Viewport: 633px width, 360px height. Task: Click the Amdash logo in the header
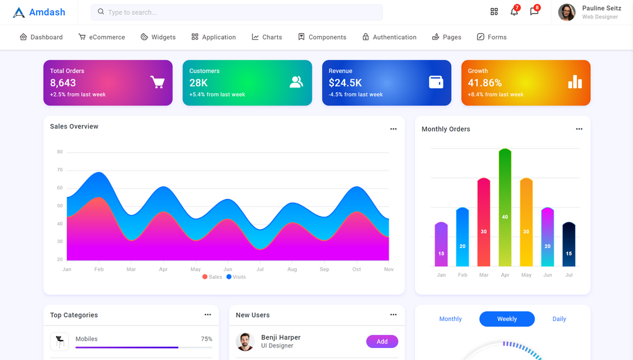[39, 12]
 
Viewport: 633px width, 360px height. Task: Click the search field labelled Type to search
[237, 12]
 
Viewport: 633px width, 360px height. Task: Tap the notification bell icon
[514, 12]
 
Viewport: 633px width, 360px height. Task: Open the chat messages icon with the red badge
[534, 12]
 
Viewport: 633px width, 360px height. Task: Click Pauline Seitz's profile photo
[567, 12]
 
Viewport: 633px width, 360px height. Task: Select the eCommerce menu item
[101, 37]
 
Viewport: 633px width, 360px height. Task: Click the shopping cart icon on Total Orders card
[157, 82]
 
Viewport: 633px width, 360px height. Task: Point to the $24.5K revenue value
[345, 83]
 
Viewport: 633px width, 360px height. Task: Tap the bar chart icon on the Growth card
[575, 82]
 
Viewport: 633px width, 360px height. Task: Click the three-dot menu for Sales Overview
[393, 129]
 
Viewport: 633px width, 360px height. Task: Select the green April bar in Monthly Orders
[505, 208]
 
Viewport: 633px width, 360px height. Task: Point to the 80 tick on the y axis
[60, 152]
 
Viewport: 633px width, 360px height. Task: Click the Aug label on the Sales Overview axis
[292, 269]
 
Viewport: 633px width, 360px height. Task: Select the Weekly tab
[506, 319]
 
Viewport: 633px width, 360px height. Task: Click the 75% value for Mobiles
[207, 339]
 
